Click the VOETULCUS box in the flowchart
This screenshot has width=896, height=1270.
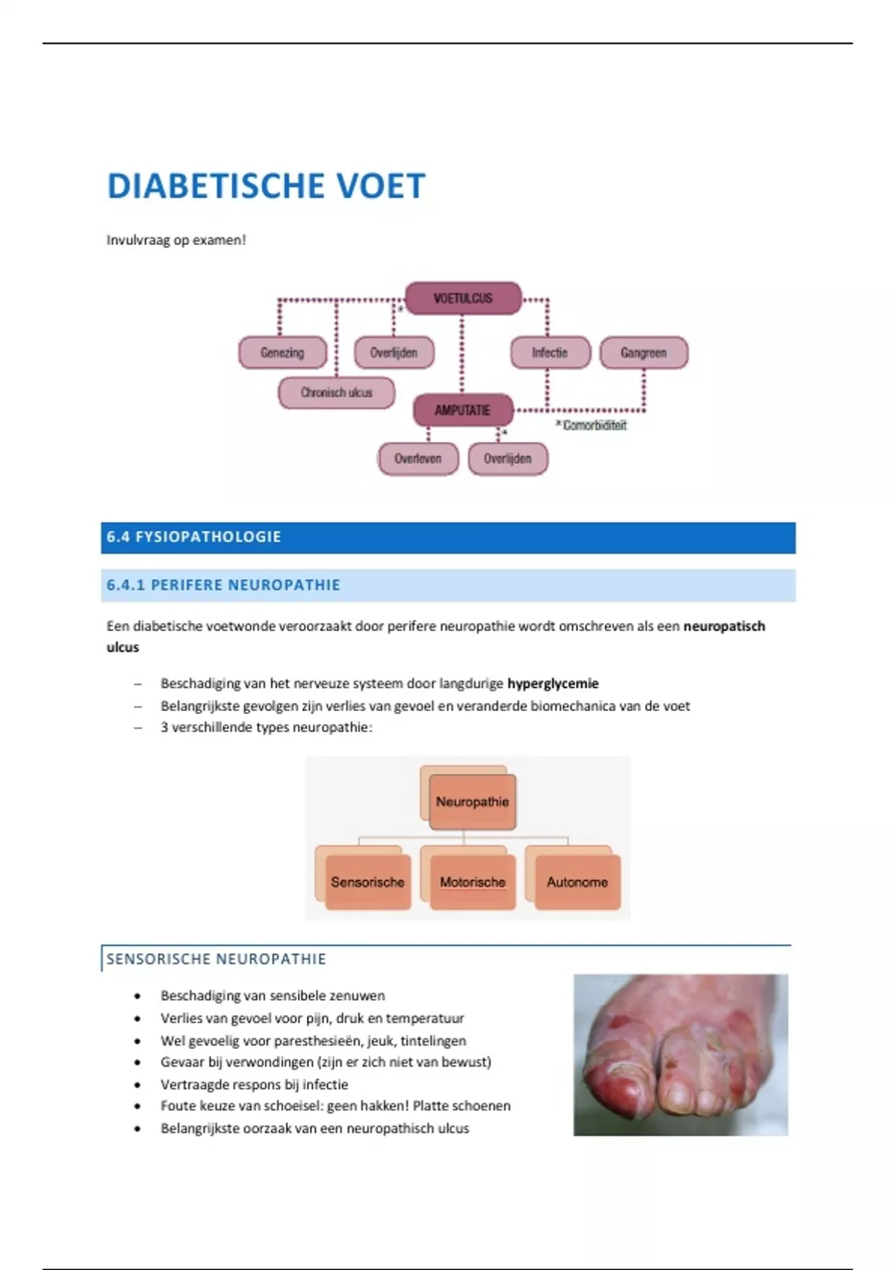click(463, 298)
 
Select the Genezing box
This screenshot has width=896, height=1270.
click(282, 353)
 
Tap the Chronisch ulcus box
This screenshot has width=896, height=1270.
click(336, 392)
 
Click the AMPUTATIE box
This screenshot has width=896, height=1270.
click(463, 410)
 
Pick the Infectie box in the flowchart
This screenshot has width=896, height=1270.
click(550, 353)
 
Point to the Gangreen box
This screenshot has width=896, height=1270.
click(644, 353)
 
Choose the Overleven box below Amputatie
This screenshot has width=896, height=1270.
click(417, 459)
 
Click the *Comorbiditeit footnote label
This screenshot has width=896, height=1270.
click(591, 425)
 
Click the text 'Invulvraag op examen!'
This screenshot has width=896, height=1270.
click(176, 240)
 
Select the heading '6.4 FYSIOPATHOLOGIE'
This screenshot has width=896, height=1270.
click(194, 537)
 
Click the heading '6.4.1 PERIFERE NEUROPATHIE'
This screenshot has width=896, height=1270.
click(223, 585)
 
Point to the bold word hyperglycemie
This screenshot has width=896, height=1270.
click(553, 683)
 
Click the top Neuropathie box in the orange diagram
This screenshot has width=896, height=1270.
click(472, 802)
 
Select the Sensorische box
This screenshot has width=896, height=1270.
click(367, 882)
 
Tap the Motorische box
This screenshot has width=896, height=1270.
click(472, 882)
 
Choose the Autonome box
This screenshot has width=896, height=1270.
click(577, 882)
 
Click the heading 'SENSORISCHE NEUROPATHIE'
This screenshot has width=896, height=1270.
click(217, 959)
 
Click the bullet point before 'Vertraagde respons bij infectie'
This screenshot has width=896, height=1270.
click(137, 1085)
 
